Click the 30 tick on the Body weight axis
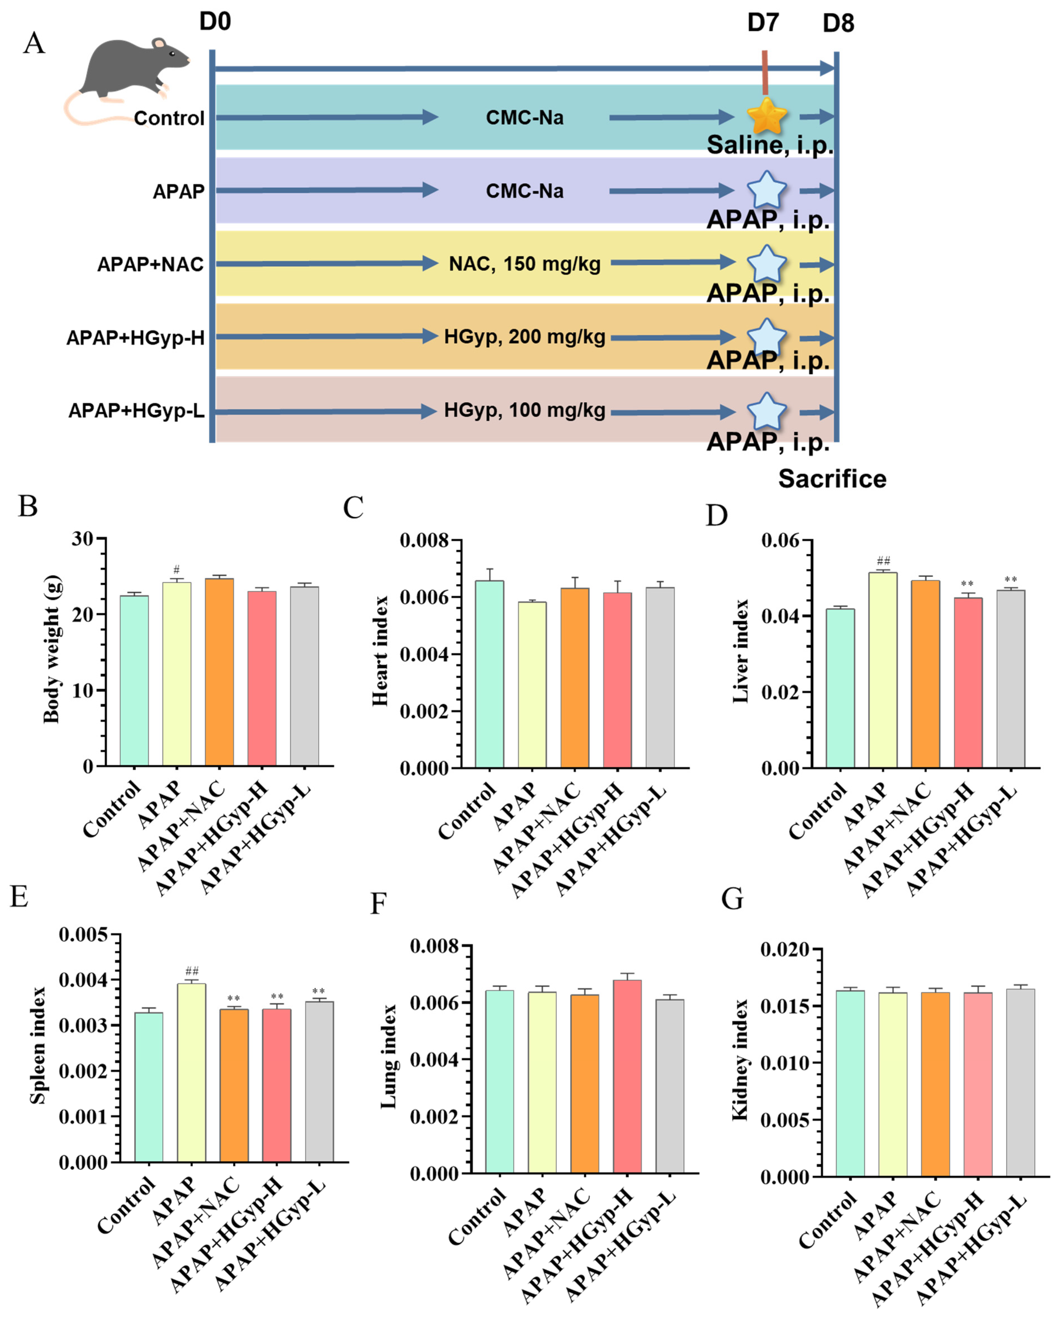[x=82, y=539]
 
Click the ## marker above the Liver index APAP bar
[x=883, y=560]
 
